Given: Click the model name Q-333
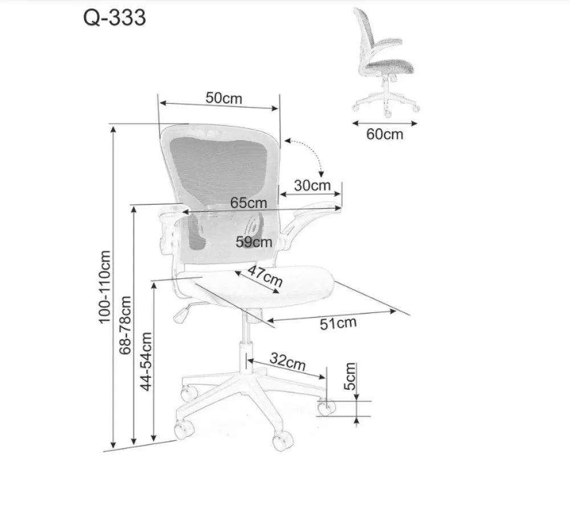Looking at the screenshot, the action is [115, 18].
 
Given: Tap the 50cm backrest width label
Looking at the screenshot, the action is [223, 98].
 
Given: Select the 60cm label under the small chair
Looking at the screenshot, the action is [385, 134].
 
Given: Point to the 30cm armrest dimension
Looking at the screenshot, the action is [312, 185].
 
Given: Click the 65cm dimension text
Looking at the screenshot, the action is [249, 203].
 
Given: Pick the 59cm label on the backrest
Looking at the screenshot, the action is [254, 242].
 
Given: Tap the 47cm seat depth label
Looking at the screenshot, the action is [265, 275].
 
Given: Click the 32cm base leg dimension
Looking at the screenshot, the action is [287, 362].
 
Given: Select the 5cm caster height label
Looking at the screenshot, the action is [350, 376].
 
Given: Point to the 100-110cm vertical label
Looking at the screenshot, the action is [104, 287].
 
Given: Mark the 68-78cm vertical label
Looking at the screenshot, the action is [125, 325].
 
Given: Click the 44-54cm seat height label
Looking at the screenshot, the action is [146, 361].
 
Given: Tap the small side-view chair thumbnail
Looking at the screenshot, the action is [385, 62].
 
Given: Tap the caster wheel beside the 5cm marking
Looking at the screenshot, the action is [326, 407].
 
